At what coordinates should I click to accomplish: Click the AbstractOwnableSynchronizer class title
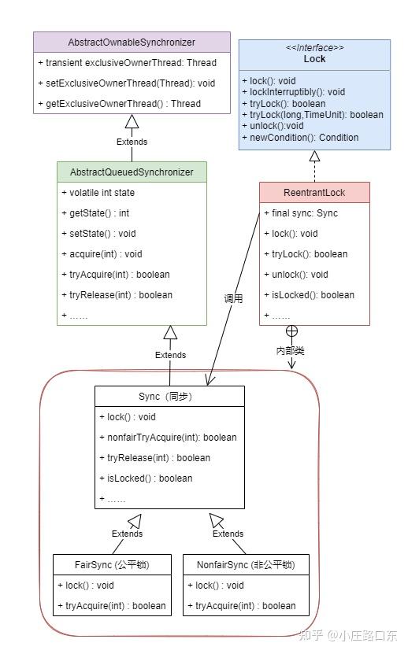132,42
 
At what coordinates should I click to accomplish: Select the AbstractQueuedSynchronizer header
132,172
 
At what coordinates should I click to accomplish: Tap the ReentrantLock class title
314,192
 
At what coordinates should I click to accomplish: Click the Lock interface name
314,59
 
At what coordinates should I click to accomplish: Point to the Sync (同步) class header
165,396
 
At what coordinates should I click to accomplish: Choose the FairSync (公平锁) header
112,565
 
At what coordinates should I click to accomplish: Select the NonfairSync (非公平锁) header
246,565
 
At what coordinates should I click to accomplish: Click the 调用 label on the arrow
233,298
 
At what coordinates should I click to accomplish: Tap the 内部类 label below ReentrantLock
290,351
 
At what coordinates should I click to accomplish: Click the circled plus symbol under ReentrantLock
291,331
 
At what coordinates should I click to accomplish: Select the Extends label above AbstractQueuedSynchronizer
132,142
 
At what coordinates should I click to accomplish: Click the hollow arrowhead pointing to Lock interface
314,156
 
